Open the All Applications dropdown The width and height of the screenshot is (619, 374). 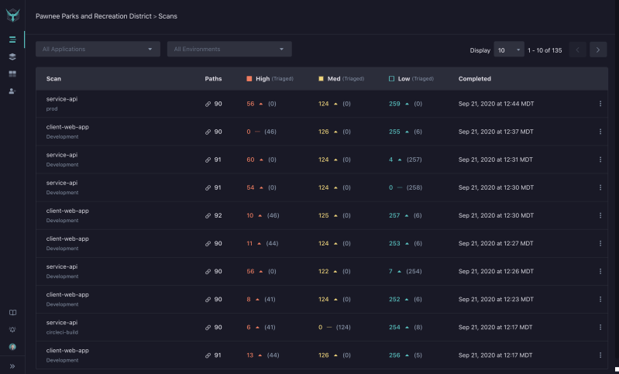coord(97,50)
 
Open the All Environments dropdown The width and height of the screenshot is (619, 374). coord(229,50)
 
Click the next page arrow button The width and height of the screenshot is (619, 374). coord(597,50)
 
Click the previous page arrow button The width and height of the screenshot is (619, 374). coord(577,50)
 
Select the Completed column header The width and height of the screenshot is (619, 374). coord(474,79)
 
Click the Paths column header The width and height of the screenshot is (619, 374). coord(213,79)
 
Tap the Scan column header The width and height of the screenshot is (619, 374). coord(53,79)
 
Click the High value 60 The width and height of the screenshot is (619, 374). coord(250,160)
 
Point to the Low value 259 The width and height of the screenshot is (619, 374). coord(394,104)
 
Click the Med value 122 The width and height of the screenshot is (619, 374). coord(323,271)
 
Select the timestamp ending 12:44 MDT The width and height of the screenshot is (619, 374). coord(495,104)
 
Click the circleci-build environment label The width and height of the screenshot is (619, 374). coord(63,332)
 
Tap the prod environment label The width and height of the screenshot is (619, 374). coord(52,108)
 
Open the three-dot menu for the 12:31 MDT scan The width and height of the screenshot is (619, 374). coord(600,160)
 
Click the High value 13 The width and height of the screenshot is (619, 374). coord(250,355)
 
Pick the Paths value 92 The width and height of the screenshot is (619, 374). coord(218,215)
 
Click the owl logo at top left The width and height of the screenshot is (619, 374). coord(12,15)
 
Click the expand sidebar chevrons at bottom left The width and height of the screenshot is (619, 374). coord(12,365)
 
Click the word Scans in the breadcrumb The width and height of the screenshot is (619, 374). coord(167,16)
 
